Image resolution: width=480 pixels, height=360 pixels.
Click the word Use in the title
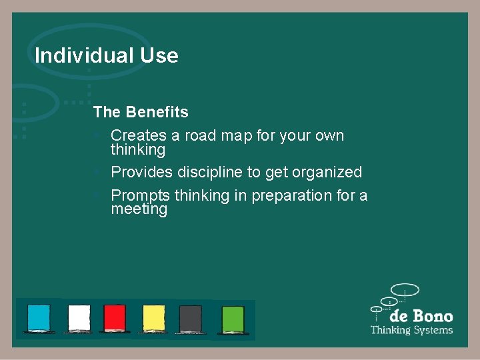tap(159, 55)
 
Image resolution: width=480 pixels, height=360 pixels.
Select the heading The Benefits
tap(141, 112)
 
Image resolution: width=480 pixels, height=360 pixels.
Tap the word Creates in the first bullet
tap(139, 135)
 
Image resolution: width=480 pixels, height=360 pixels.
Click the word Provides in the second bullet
tap(141, 172)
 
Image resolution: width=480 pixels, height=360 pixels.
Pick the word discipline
tap(210, 172)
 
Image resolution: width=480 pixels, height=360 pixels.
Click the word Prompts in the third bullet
tap(141, 195)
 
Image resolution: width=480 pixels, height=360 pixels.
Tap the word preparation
tap(283, 195)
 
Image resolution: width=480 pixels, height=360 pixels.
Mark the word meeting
tap(139, 209)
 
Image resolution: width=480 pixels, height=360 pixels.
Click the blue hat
tap(39, 318)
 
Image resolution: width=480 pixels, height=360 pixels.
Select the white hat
tap(79, 318)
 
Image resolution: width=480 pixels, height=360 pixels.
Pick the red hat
tap(115, 318)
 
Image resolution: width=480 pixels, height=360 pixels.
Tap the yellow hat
tap(154, 318)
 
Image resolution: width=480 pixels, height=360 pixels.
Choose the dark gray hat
tap(191, 318)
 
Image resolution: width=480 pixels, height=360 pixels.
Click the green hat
tap(233, 318)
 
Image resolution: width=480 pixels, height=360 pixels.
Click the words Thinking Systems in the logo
tap(411, 330)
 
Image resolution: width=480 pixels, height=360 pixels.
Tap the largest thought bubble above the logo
tap(405, 290)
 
